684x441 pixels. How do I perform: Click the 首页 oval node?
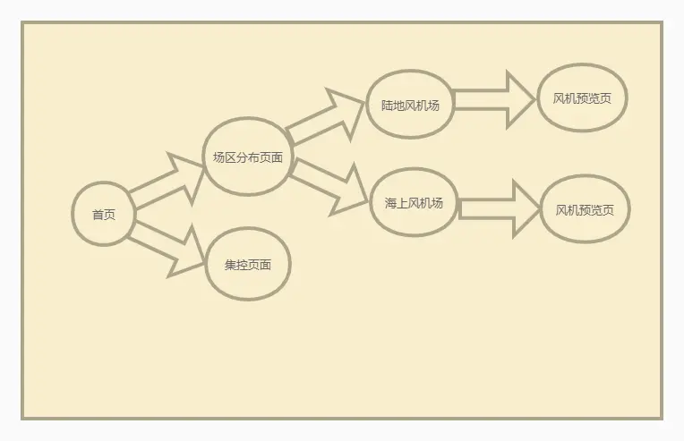coord(104,214)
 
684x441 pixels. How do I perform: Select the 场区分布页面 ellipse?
coord(248,157)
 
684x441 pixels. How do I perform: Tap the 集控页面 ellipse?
coord(248,264)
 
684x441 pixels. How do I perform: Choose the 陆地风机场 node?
coord(410,104)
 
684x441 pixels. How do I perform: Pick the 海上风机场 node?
coord(414,202)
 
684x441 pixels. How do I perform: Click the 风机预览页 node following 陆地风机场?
coord(582,98)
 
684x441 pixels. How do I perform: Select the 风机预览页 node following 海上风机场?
coord(585,209)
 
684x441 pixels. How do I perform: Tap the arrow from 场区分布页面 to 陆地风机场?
coord(328,118)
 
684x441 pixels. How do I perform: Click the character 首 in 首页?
coord(98,215)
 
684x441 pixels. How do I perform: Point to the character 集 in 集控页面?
coord(230,265)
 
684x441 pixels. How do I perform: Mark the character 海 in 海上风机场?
coord(390,203)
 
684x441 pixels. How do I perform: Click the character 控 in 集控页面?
coord(242,265)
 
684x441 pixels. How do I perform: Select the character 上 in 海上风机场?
coord(402,203)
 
